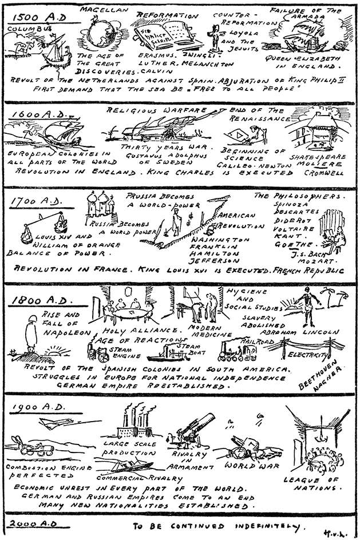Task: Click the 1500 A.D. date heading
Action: pyautogui.click(x=37, y=17)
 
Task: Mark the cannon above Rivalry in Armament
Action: pyautogui.click(x=195, y=429)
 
